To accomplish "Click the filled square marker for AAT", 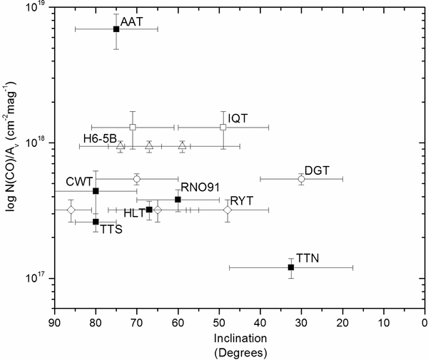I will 116,29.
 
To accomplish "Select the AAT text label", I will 133,22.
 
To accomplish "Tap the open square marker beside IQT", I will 223,127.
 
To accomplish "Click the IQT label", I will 238,119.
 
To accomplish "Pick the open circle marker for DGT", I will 301,179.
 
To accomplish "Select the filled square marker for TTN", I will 290,267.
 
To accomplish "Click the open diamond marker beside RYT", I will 228,210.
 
